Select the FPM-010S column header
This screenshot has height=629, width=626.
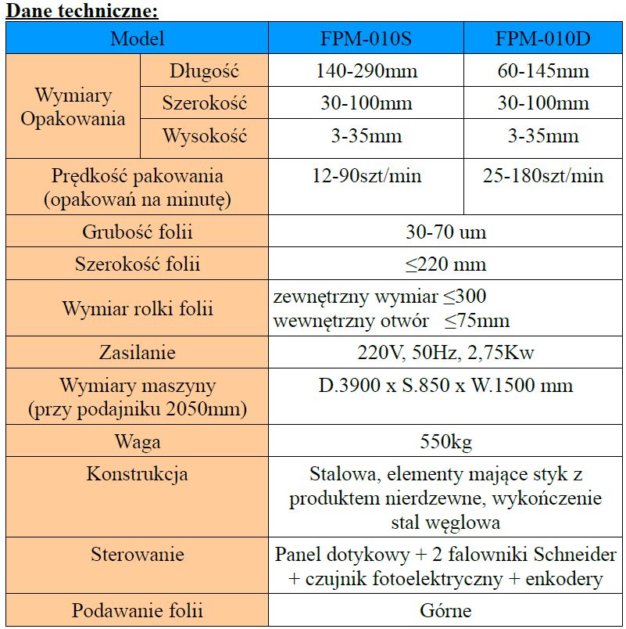tap(366, 38)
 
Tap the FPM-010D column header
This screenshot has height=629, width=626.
tap(543, 38)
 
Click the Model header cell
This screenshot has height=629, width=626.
tap(138, 38)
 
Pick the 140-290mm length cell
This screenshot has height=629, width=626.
tap(366, 71)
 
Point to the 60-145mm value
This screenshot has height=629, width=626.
tap(543, 71)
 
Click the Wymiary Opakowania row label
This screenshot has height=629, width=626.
tap(73, 107)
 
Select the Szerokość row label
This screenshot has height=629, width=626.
tap(204, 103)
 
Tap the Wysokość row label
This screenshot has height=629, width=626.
tap(204, 136)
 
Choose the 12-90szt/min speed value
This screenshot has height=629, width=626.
tap(366, 176)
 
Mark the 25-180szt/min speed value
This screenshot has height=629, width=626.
tap(543, 176)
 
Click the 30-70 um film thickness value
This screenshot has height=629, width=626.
tap(445, 232)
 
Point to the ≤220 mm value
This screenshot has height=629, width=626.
tap(445, 264)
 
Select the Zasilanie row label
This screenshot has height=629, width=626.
tap(138, 352)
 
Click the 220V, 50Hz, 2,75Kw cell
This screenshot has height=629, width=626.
tap(445, 352)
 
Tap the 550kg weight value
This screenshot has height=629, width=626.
tap(445, 442)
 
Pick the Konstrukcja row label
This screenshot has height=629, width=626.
tap(138, 474)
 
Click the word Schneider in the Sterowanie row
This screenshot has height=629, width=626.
tap(578, 555)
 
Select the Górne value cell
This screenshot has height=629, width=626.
tap(445, 610)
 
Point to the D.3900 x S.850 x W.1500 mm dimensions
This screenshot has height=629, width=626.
tap(445, 386)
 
